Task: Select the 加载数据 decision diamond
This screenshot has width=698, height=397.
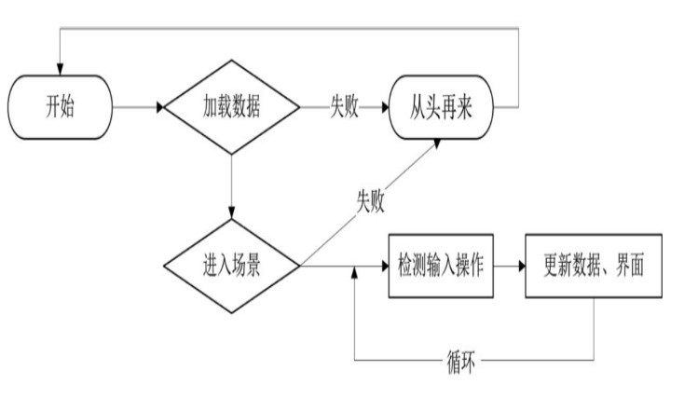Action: pos(230,107)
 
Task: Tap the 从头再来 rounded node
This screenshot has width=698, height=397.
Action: pos(441,107)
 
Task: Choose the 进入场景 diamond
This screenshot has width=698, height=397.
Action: pos(230,266)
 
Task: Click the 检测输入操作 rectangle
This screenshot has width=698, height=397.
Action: pos(441,266)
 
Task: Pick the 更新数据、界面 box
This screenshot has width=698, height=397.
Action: pos(594,266)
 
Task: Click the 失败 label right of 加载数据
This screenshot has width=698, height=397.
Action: pos(344,107)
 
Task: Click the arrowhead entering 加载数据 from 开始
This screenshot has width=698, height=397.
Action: pos(160,107)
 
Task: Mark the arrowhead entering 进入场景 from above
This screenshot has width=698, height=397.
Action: pos(230,214)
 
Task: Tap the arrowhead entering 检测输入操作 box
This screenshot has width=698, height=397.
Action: pos(383,266)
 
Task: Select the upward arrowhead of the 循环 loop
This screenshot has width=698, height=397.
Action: pos(355,273)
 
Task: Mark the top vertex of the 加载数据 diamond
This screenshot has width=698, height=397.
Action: pos(230,62)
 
